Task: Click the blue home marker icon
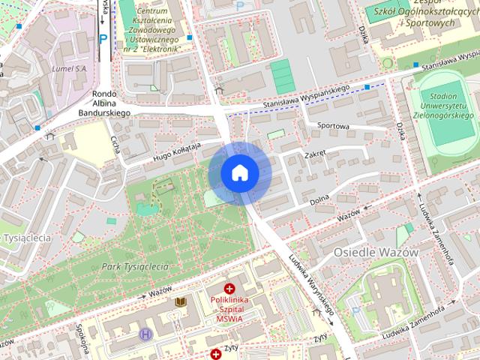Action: click(240, 172)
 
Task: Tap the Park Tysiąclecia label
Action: click(135, 266)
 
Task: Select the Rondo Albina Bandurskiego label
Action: click(104, 103)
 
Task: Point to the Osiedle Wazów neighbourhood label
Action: click(376, 253)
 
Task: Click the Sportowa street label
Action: click(334, 126)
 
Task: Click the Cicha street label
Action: click(115, 143)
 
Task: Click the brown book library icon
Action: click(180, 302)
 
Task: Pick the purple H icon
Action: click(145, 334)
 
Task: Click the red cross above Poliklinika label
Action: click(229, 288)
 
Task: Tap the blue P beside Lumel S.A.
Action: click(103, 37)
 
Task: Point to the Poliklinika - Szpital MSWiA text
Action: click(229, 310)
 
